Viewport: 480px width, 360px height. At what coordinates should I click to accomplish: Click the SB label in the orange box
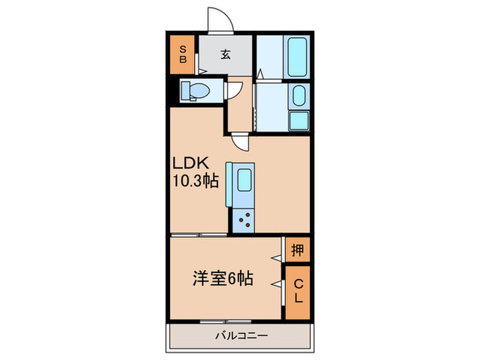click(x=183, y=53)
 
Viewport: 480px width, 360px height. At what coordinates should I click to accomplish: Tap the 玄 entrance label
click(x=226, y=56)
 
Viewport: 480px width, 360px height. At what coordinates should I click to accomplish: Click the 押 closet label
click(x=297, y=249)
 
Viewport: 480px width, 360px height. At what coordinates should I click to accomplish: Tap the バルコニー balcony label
click(x=239, y=336)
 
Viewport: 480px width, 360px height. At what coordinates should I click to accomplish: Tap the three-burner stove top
click(x=243, y=220)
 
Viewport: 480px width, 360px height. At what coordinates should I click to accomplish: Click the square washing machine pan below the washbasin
click(x=298, y=120)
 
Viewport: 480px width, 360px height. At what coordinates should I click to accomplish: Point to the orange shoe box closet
click(x=183, y=53)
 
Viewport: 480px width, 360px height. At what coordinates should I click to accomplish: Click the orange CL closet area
click(x=298, y=293)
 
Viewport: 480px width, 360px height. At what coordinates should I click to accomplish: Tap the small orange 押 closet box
click(x=297, y=249)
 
